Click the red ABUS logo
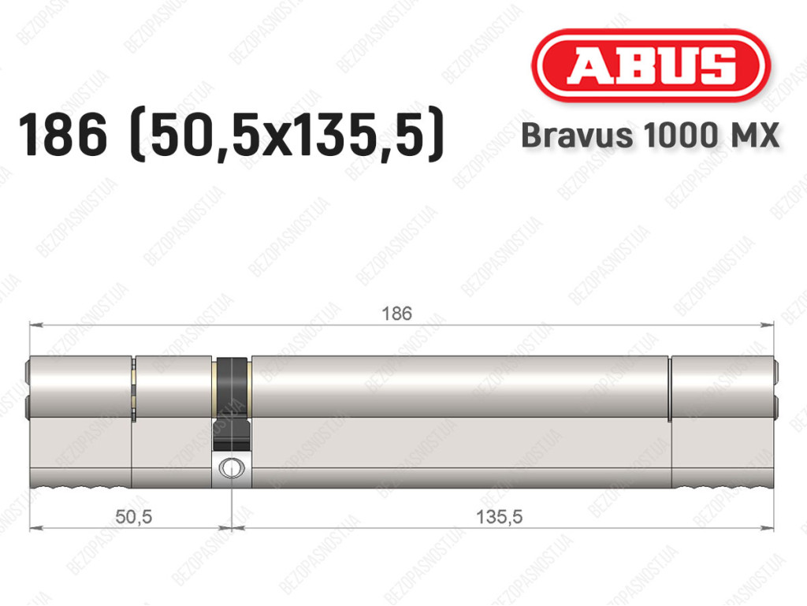[650, 65]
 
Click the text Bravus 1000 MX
[650, 136]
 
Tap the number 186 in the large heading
[63, 136]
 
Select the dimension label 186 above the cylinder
[397, 314]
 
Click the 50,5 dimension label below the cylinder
[134, 516]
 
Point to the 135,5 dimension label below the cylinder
[499, 516]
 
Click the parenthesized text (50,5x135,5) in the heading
[287, 136]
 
